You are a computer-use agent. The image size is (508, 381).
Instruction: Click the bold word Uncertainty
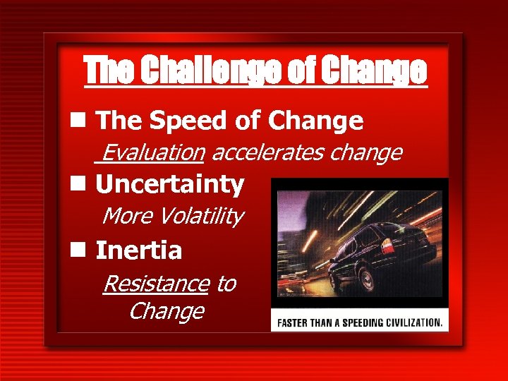click(169, 185)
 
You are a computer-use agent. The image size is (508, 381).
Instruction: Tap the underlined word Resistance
click(155, 284)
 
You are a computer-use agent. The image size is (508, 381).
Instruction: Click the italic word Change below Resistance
click(167, 311)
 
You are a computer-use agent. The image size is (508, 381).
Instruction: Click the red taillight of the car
click(387, 246)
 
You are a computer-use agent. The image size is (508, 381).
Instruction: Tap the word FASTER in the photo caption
click(296, 323)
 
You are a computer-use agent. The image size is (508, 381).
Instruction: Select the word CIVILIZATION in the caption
click(410, 323)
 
